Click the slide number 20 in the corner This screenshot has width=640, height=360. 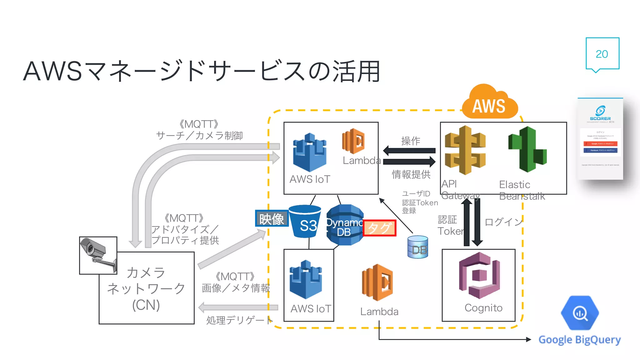point(602,54)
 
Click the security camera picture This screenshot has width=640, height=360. point(98,255)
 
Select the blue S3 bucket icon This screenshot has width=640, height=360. point(305,221)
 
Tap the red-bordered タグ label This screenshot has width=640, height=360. point(379,228)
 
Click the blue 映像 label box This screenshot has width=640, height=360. point(272,218)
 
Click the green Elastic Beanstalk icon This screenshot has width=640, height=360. point(527,149)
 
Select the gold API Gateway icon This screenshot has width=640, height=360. point(465,150)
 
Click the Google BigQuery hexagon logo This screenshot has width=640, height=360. point(580,313)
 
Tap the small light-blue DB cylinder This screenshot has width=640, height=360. point(418,247)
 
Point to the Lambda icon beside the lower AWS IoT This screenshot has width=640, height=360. point(377,282)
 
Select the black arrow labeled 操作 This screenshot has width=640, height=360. point(409,151)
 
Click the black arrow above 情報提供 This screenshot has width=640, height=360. point(409,162)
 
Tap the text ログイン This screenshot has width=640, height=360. point(503,222)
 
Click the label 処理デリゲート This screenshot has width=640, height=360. point(239,320)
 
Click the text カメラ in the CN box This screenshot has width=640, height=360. point(146,272)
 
